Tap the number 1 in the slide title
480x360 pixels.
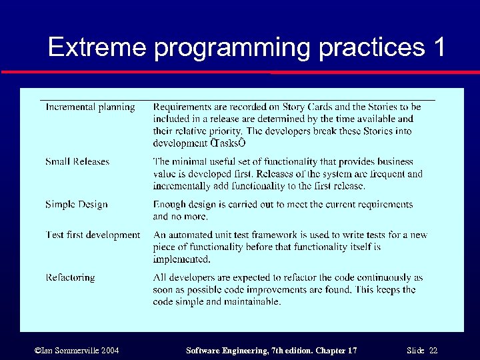[x=437, y=47]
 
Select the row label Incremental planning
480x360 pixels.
[x=90, y=107]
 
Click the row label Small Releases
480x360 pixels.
[x=77, y=162]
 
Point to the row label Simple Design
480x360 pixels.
[x=76, y=205]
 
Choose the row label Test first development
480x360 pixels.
[x=93, y=235]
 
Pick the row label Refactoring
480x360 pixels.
[x=70, y=277]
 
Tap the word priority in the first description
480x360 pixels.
[x=222, y=131]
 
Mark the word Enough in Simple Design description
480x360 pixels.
[x=170, y=205]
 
